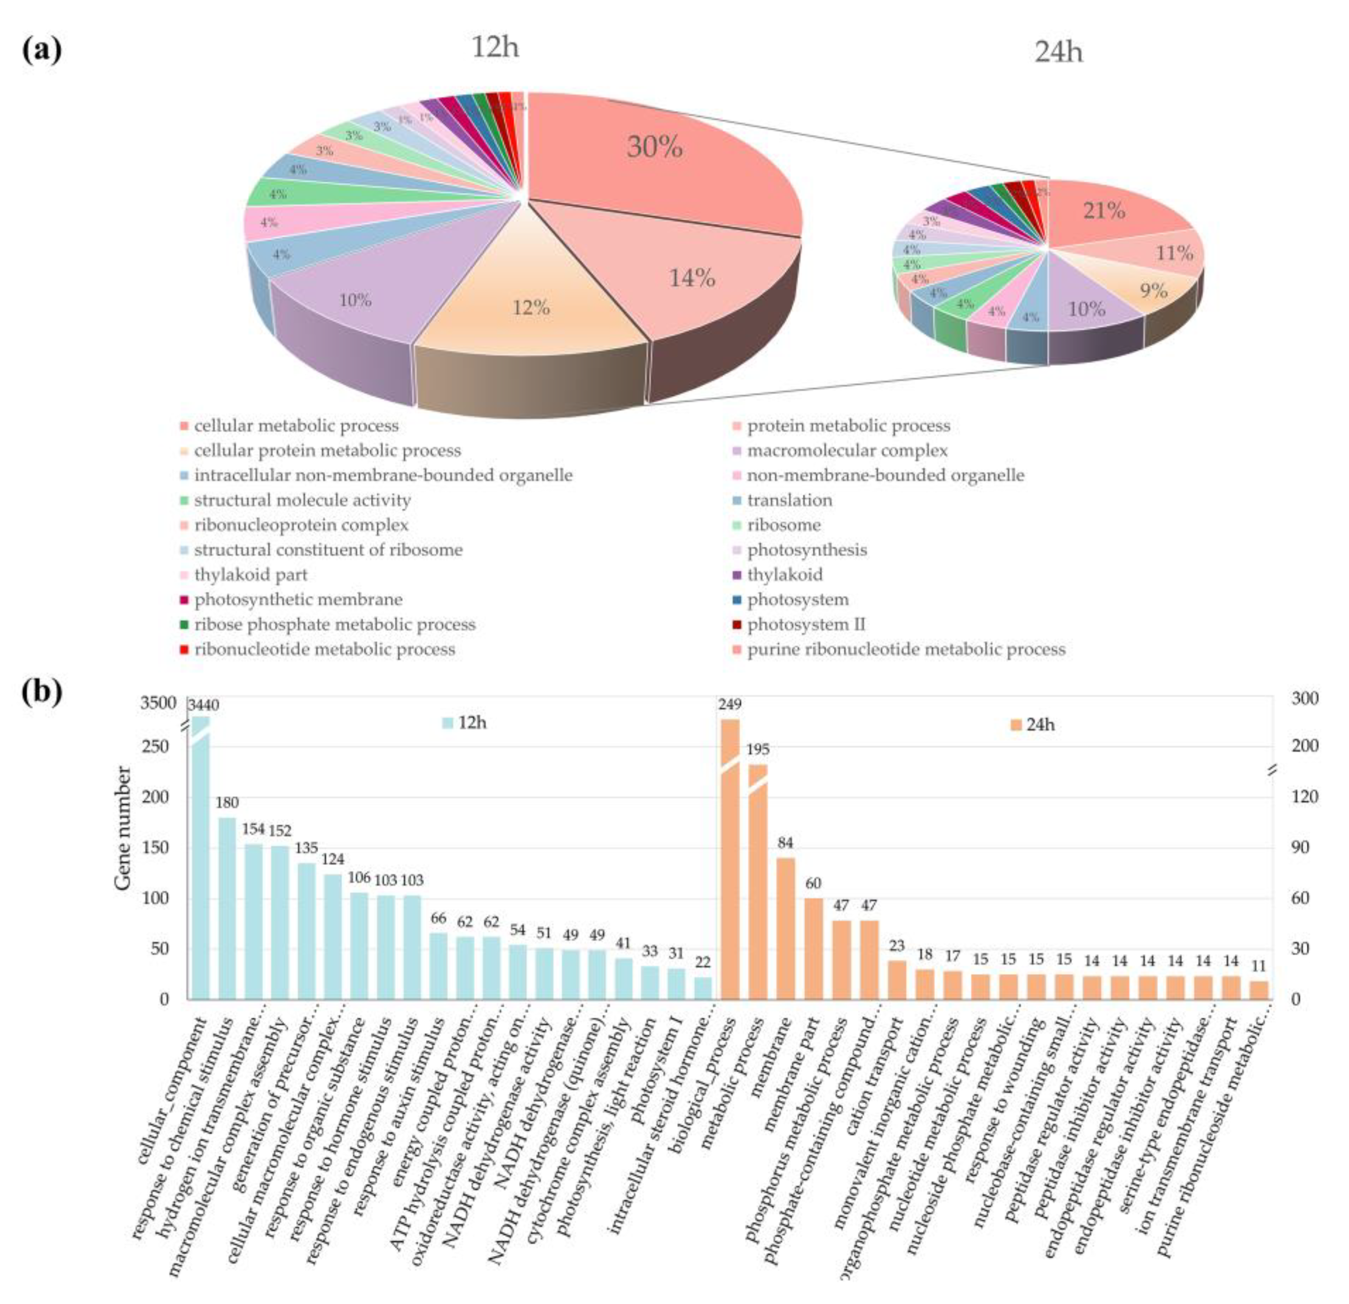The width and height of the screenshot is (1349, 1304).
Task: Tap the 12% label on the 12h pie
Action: coord(531,308)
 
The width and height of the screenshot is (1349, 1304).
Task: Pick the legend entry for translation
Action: coord(790,500)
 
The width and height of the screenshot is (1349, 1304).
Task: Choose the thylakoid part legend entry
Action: coord(250,575)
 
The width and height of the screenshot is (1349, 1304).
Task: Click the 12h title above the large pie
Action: coord(495,48)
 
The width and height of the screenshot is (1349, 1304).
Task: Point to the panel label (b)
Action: coord(41,692)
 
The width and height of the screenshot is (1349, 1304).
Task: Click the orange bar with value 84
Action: coord(785,929)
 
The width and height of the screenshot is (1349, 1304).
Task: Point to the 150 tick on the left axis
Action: coord(155,848)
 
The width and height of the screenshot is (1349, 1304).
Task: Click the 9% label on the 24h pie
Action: coord(1153,291)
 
